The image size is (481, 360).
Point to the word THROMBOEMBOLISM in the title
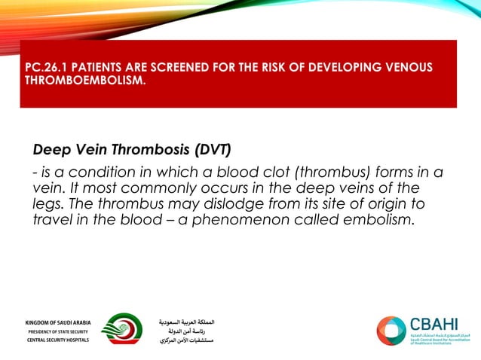click(83, 81)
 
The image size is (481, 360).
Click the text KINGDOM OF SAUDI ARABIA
click(57, 322)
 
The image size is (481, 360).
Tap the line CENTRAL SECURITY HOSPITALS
click(57, 340)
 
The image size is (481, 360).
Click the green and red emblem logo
click(121, 329)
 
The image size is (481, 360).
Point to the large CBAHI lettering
click(434, 324)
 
